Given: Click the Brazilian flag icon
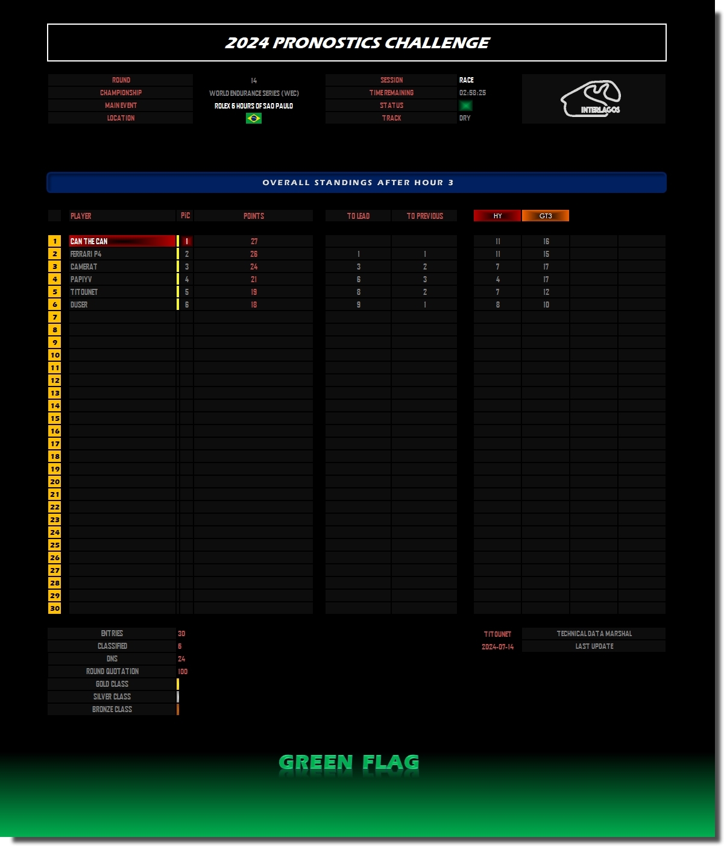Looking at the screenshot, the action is pyautogui.click(x=253, y=118).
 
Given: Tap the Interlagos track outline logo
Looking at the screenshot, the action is pyautogui.click(x=591, y=99).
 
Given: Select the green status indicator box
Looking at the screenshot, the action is pyautogui.click(x=465, y=106).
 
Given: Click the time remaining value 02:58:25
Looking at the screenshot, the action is pyautogui.click(x=472, y=93).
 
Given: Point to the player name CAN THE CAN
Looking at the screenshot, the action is pyautogui.click(x=89, y=241).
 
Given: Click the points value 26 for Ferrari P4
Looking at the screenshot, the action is pyautogui.click(x=254, y=254).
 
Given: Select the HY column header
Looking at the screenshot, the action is pyautogui.click(x=497, y=216).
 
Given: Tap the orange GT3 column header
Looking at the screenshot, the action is pyautogui.click(x=546, y=216).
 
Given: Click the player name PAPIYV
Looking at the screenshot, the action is pyautogui.click(x=81, y=280).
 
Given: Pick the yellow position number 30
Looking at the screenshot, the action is pyautogui.click(x=54, y=608).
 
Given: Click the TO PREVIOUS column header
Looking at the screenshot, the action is pyautogui.click(x=424, y=216).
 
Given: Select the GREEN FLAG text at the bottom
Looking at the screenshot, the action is pyautogui.click(x=348, y=762).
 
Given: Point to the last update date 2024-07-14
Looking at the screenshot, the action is pyautogui.click(x=497, y=646).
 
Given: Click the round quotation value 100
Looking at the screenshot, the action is pyautogui.click(x=183, y=672).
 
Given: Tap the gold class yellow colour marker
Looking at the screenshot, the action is pyautogui.click(x=178, y=684).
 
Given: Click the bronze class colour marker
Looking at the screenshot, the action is pyautogui.click(x=178, y=709).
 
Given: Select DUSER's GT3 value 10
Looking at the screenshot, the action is pyautogui.click(x=546, y=305).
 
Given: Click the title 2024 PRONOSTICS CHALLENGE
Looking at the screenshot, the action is pyautogui.click(x=357, y=43).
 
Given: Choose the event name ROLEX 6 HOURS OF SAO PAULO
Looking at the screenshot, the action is pyautogui.click(x=254, y=106).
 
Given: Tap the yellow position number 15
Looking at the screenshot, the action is pyautogui.click(x=54, y=418).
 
